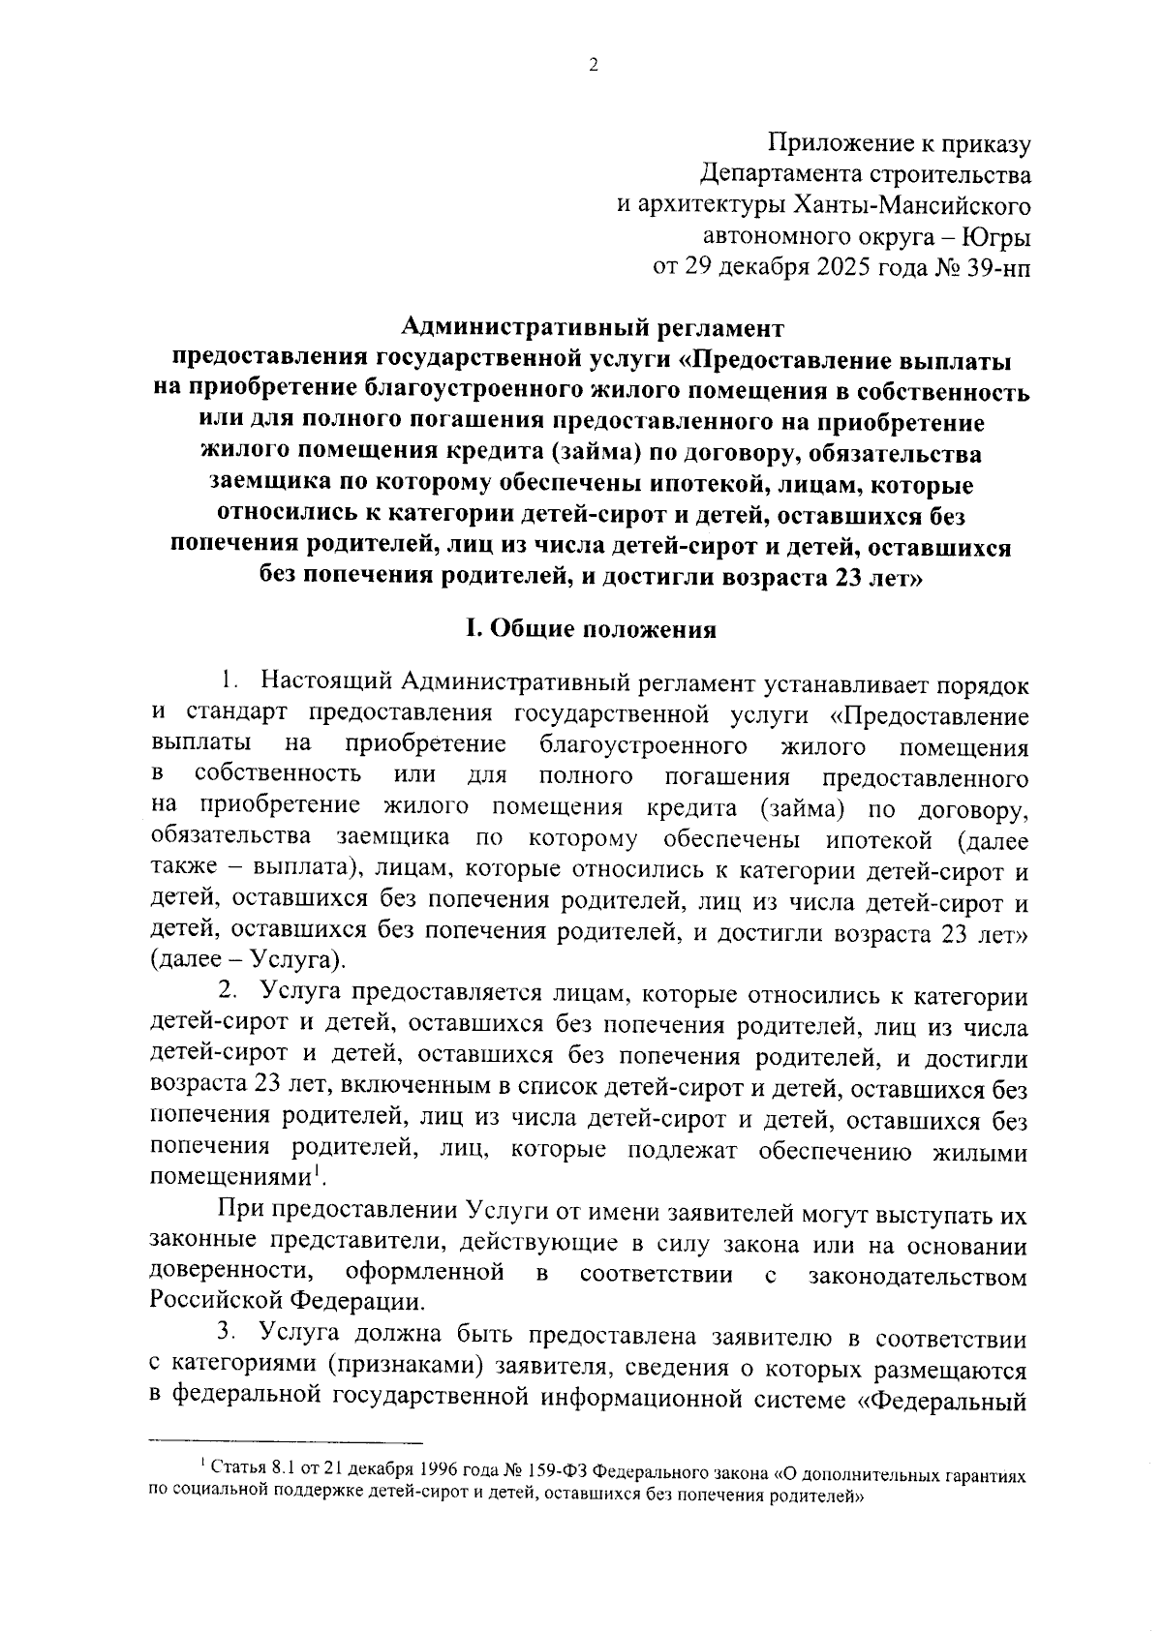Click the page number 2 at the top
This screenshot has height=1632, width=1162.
[593, 66]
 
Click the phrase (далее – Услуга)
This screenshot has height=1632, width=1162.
[248, 961]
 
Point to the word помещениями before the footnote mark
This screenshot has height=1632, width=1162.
[230, 1178]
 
